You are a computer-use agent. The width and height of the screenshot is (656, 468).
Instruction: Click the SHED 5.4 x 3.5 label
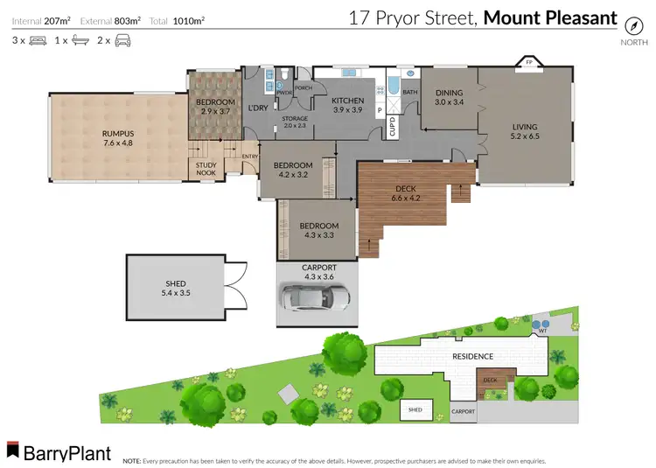175,289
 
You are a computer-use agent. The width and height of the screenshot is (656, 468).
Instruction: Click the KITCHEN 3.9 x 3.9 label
347,104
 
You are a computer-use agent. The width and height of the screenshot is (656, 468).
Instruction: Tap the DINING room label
449,97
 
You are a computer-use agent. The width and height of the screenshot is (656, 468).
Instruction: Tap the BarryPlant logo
59,452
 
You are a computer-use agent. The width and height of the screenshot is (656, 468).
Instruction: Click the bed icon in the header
38,40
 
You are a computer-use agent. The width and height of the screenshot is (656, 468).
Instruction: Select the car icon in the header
122,40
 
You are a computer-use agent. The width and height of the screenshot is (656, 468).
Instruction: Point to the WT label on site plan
541,332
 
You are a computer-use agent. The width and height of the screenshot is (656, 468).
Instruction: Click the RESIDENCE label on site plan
472,356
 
